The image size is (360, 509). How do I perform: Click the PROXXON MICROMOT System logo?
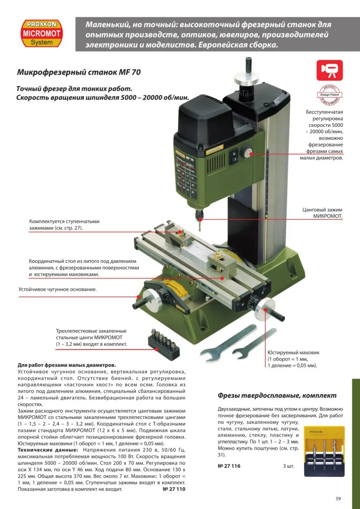[x=42, y=33]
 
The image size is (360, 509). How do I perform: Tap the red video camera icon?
[x=329, y=70]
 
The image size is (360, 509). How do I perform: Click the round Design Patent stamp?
[x=329, y=96]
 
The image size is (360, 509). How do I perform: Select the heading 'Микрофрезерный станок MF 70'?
[x=79, y=72]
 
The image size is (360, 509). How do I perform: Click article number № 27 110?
[x=174, y=489]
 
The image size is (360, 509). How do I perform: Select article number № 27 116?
[x=229, y=466]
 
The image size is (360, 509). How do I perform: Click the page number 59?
[x=338, y=498]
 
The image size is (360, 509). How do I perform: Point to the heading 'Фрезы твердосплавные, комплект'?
[x=277, y=395]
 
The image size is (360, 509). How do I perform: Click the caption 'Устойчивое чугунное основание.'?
[x=58, y=289]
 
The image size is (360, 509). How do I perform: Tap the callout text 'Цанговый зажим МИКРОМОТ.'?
[x=322, y=213]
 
